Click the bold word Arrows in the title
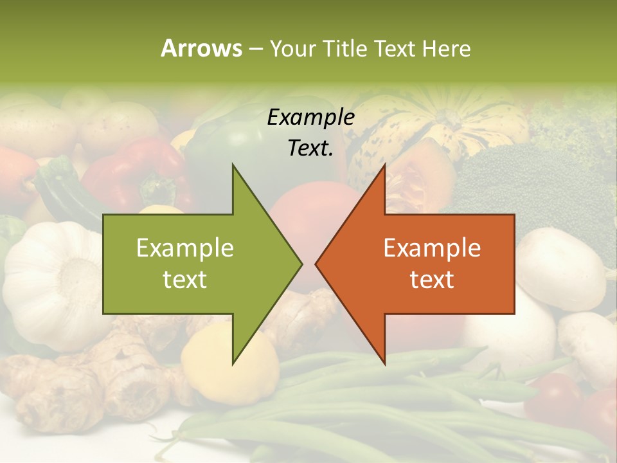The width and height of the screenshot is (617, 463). [x=201, y=48]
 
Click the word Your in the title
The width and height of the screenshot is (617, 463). [x=292, y=48]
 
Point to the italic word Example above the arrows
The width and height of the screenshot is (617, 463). [x=311, y=118]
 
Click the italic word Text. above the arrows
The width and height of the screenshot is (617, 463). [x=311, y=148]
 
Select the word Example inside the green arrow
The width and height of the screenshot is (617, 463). [x=185, y=248]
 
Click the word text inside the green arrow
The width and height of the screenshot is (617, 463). [x=185, y=279]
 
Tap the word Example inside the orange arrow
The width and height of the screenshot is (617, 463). [x=432, y=248]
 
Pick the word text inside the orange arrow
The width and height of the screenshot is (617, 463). [x=432, y=279]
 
